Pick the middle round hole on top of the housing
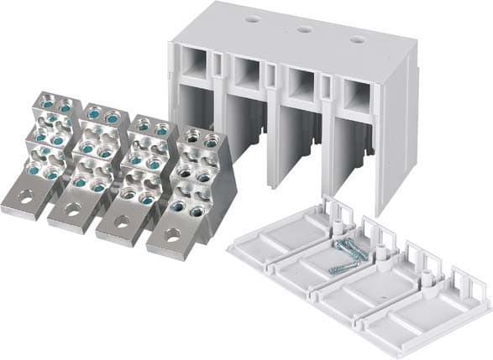303,28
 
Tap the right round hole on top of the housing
358,39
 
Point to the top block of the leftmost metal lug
55,107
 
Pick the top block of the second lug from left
102,116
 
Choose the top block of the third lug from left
151,126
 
